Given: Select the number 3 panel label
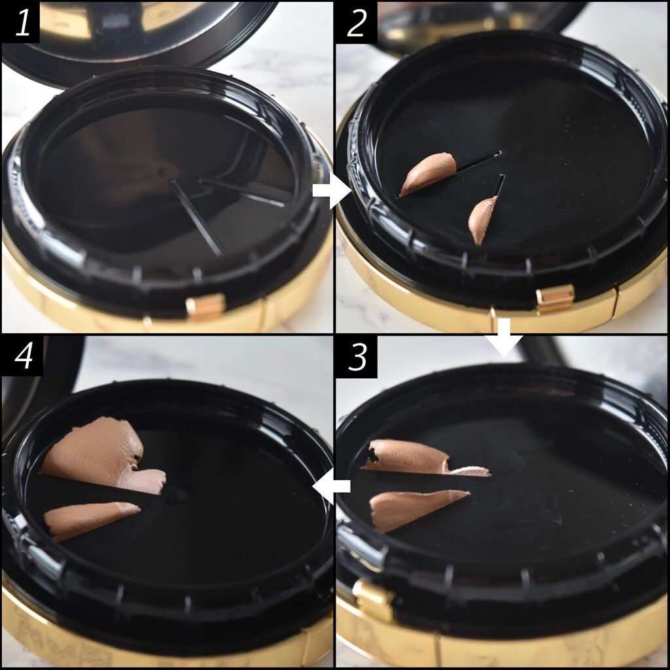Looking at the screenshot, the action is (357, 357).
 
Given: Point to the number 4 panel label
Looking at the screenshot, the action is (24, 356).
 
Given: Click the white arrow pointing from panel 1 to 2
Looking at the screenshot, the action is (331, 190).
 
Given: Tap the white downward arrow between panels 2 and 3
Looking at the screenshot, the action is (504, 337).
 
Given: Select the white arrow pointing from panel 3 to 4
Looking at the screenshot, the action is (331, 486).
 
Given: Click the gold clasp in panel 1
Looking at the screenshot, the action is (205, 306).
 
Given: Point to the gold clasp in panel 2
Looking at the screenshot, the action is (555, 300).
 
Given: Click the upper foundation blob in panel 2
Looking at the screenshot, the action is (427, 173).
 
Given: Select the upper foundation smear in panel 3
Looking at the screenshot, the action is (419, 458).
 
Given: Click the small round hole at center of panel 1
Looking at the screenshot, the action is (163, 172).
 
